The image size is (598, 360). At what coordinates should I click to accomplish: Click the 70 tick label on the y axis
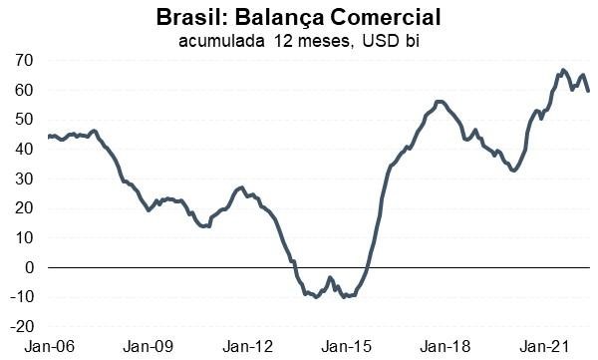pos(24,61)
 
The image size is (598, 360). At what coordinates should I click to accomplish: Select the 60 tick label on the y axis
pos(24,91)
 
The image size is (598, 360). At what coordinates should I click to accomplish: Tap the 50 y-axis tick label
pos(24,120)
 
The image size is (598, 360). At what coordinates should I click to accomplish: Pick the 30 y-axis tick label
pos(24,180)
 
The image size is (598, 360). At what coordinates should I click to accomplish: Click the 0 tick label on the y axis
pos(29,267)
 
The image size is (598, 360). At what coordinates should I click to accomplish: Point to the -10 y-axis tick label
pos(21,297)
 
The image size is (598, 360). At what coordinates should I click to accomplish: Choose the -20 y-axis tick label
pos(21,326)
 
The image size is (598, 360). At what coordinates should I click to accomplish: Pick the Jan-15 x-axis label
pos(349,347)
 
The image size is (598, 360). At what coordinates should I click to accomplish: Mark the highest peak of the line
pos(563,70)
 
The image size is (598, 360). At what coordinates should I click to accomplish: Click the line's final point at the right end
pos(587,91)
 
